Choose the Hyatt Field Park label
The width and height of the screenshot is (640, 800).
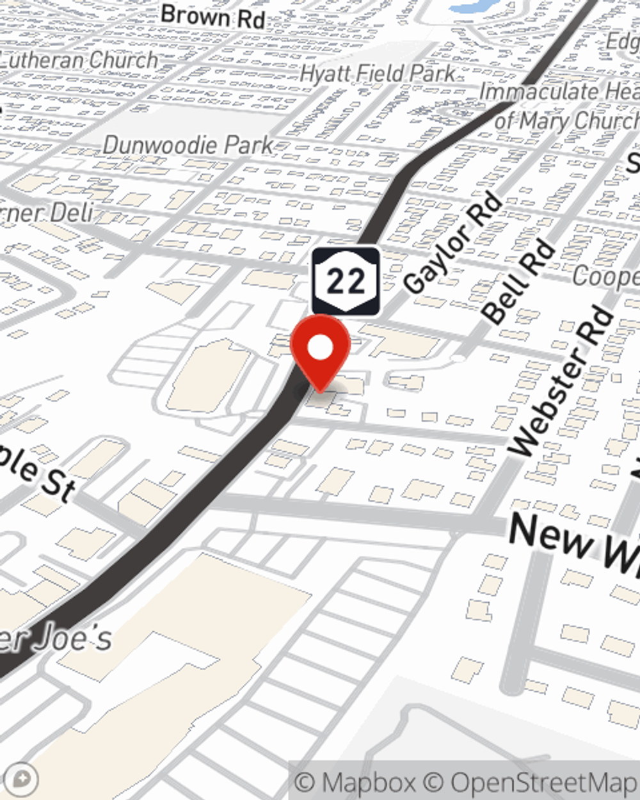click(x=378, y=74)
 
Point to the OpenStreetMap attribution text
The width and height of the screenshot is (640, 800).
click(x=544, y=782)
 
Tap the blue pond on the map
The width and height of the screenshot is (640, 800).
click(x=474, y=6)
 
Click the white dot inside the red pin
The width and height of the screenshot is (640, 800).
click(x=320, y=348)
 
